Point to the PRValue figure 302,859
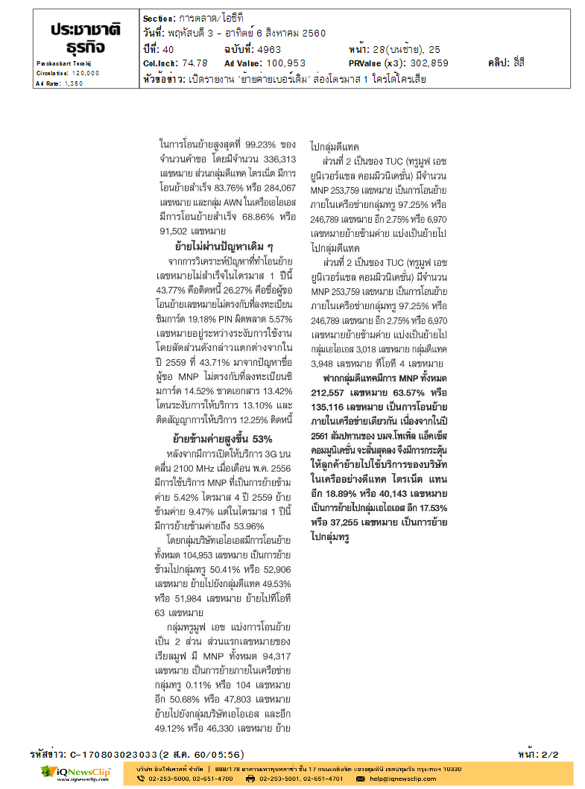point(423,63)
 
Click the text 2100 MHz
point(194,467)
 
